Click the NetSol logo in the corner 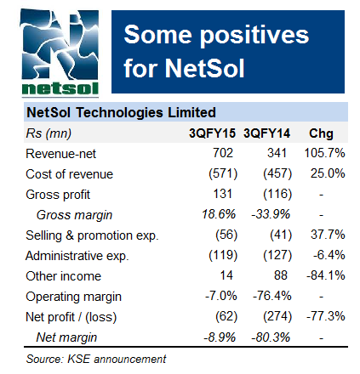click(53, 50)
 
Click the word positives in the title click(246, 36)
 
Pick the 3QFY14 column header click(268, 133)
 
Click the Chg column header click(321, 133)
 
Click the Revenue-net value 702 click(223, 153)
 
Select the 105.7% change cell click(323, 153)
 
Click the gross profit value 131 click(223, 194)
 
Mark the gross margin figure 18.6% click(218, 214)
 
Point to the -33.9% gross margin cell click(271, 214)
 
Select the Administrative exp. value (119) click(218, 255)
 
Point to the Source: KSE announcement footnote click(95, 359)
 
